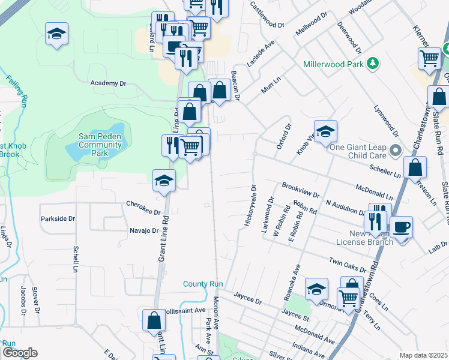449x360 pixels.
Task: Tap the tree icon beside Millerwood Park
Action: pos(373,63)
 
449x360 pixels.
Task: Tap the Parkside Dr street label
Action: pos(58,219)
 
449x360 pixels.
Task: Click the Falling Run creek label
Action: pos(16,90)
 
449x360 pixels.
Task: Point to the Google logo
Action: pos(20,353)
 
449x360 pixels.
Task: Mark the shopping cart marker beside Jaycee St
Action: pos(348,298)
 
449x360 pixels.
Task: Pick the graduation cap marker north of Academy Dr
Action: pos(56,34)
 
